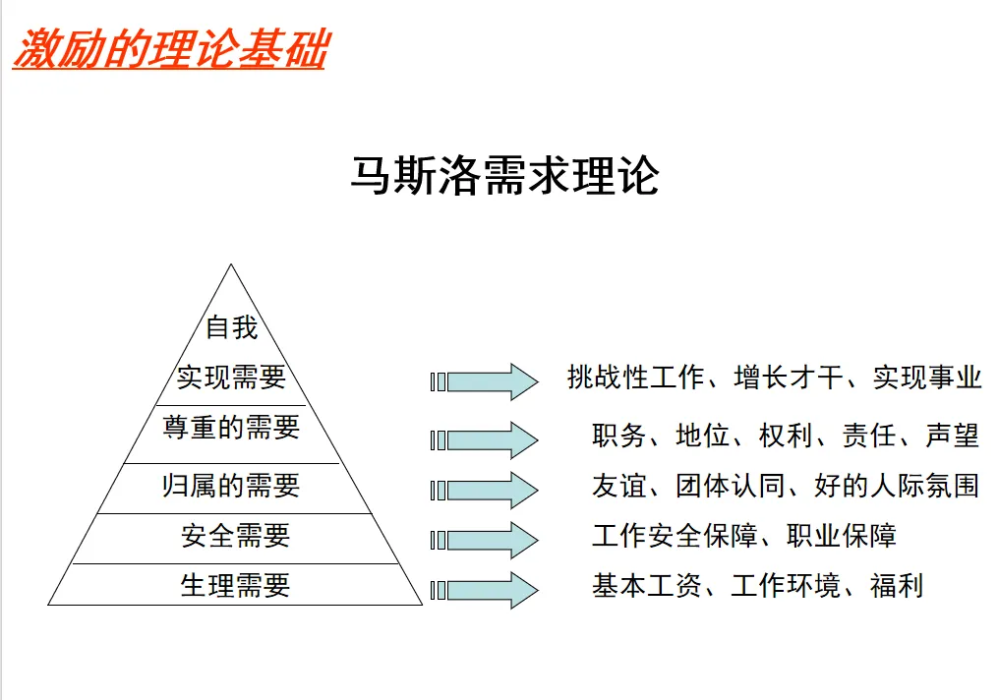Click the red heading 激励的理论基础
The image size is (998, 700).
(168, 48)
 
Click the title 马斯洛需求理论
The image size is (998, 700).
(503, 176)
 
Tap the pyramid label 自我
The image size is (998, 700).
(231, 326)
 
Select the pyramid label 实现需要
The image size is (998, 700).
(231, 377)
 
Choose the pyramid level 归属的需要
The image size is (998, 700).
(231, 486)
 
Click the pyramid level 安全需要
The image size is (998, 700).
(236, 536)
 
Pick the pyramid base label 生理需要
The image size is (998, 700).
(236, 586)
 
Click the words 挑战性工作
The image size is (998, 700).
(635, 378)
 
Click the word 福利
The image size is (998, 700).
(897, 587)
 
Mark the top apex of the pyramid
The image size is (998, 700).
(231, 265)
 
